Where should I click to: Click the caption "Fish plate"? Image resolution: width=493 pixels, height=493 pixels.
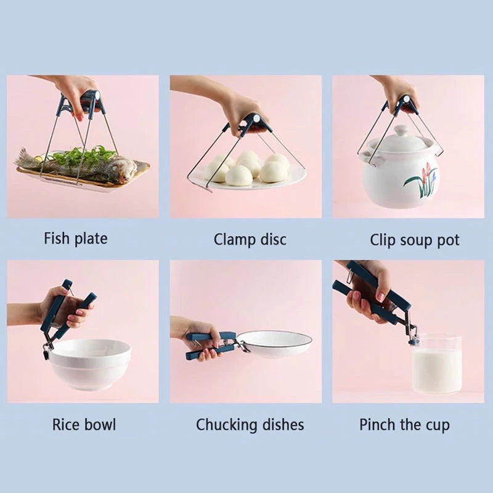[x=75, y=238]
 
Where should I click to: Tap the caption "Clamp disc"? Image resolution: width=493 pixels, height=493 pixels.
[x=250, y=239]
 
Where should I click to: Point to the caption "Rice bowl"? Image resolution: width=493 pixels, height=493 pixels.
[x=84, y=424]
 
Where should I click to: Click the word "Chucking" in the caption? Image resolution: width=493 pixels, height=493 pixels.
[x=227, y=425]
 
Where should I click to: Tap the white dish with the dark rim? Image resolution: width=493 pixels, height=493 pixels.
[x=275, y=344]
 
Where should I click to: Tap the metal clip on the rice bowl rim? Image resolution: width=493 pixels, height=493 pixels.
[x=46, y=352]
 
